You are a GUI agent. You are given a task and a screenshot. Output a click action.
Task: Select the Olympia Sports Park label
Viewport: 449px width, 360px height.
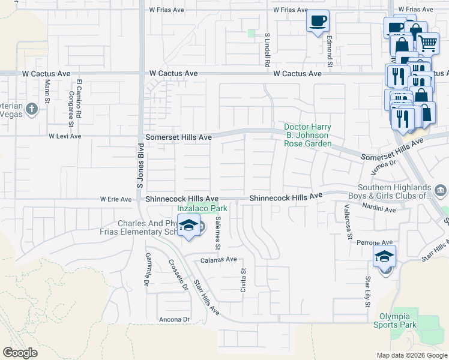399,320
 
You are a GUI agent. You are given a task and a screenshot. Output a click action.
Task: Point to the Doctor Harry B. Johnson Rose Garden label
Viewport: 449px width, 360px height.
308,136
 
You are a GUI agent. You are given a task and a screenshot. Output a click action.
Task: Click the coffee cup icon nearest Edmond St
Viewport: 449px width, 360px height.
318,20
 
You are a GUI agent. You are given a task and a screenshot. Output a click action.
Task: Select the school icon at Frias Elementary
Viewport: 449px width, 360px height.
188,225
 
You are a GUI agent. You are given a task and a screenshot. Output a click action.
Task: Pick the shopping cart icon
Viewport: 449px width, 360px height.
427,43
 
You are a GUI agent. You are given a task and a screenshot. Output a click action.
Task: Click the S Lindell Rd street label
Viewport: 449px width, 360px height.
268,50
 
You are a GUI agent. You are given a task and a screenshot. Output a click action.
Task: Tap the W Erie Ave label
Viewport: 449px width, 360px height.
116,199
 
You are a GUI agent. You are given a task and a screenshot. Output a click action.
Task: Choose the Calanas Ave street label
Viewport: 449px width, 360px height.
219,260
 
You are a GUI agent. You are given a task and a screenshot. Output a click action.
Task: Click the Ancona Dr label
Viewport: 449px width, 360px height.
174,319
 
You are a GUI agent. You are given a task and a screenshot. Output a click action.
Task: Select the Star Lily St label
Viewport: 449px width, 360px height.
367,292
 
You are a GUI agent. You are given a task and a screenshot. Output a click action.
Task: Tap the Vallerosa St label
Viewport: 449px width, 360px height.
348,222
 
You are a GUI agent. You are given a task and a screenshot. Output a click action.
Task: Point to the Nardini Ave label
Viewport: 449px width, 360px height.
379,210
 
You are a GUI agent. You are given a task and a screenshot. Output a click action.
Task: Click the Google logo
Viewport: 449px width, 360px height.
20,352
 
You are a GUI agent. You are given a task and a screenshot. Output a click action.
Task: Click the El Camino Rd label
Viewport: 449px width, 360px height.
78,97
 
